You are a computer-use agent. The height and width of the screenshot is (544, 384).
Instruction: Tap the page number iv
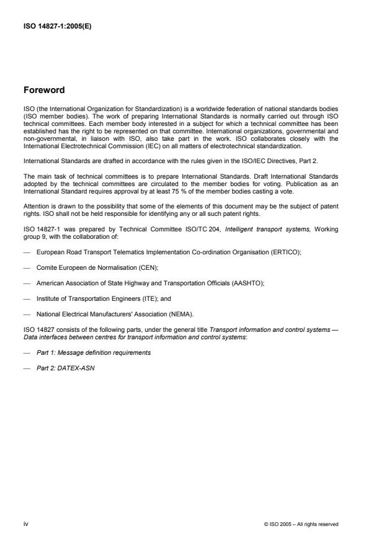(25, 524)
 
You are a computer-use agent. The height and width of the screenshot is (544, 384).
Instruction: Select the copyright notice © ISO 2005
(301, 525)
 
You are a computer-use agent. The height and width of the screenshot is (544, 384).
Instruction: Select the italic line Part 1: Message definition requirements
(93, 352)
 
